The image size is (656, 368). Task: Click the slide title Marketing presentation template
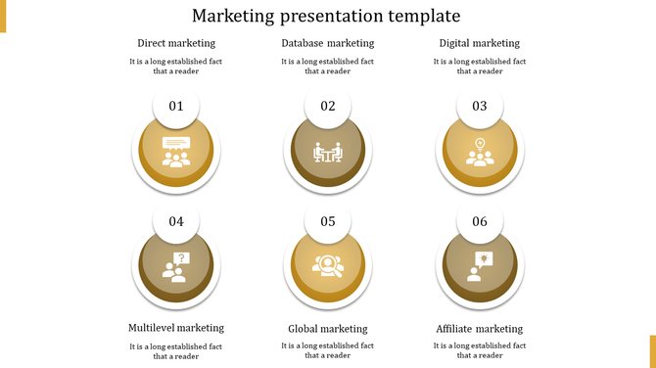click(x=326, y=16)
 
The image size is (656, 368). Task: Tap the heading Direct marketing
click(x=176, y=43)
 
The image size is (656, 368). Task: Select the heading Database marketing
click(x=328, y=43)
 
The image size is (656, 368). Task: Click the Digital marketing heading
click(x=480, y=43)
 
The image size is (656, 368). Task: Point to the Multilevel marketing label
click(x=176, y=328)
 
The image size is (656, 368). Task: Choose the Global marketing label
click(x=328, y=329)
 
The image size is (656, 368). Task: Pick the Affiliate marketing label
click(x=480, y=329)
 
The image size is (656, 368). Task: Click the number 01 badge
click(x=176, y=107)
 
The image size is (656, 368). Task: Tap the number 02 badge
click(x=328, y=107)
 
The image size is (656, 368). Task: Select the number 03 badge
click(x=480, y=107)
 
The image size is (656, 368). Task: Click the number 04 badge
click(x=176, y=222)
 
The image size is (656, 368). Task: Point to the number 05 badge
click(x=328, y=222)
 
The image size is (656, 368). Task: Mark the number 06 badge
click(x=480, y=222)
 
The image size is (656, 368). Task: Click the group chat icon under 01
click(x=176, y=152)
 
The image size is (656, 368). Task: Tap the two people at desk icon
click(x=328, y=153)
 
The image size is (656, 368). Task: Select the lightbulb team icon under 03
click(x=480, y=152)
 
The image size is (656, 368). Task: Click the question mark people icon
click(x=176, y=267)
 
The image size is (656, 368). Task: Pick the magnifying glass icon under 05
click(x=328, y=266)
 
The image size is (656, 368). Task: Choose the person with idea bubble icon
click(x=480, y=266)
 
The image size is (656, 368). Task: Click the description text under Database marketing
click(x=328, y=66)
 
